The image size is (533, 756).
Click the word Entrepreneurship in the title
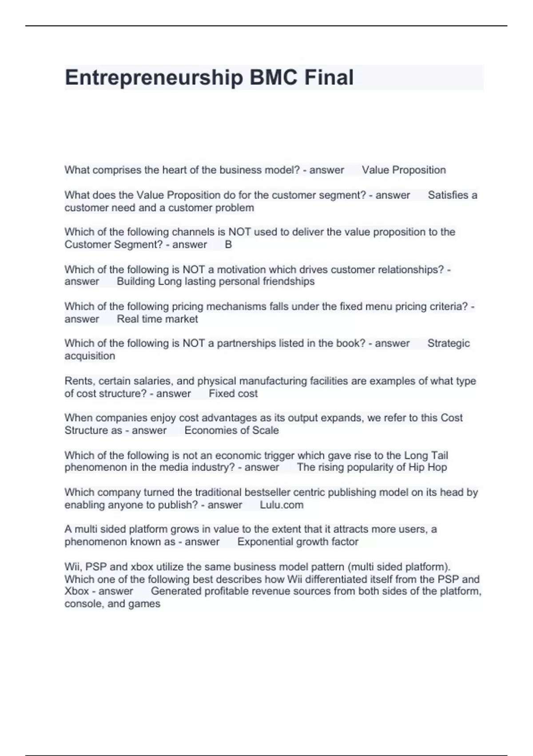tap(153, 78)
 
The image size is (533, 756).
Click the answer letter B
tap(228, 245)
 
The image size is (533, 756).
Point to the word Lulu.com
tap(282, 505)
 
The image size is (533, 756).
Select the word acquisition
tap(90, 356)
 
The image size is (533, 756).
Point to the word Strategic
tap(448, 343)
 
